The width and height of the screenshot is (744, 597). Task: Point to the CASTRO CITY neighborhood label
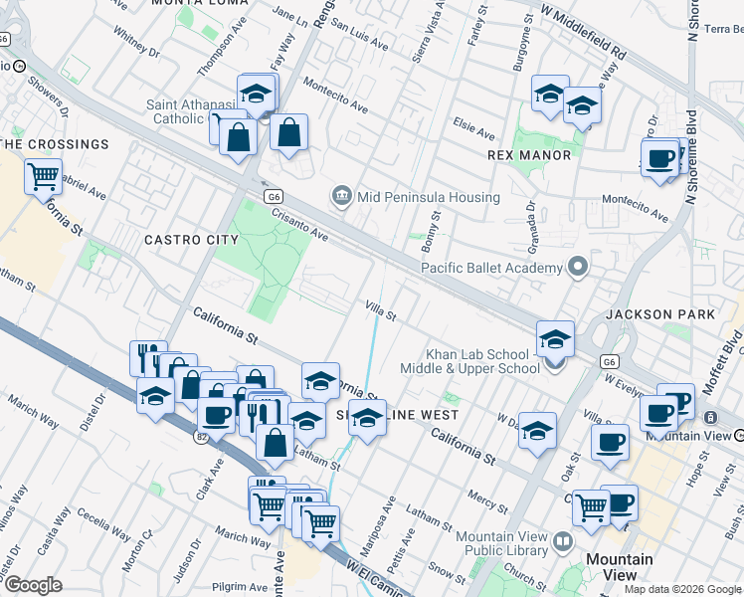click(x=191, y=240)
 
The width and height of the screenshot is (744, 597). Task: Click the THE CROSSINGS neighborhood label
click(x=55, y=144)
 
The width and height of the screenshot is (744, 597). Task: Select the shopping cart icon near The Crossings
click(x=44, y=179)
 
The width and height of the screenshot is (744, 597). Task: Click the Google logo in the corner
click(x=33, y=585)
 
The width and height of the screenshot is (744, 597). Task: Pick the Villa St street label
click(x=381, y=310)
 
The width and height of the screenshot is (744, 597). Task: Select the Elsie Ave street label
click(x=473, y=132)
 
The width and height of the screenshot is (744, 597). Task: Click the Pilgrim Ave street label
click(x=235, y=588)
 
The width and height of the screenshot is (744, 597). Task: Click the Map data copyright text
click(x=681, y=588)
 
